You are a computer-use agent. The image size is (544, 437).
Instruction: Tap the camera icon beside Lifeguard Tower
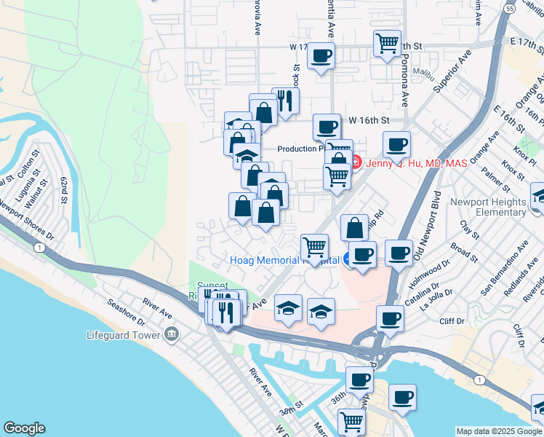coord(172,335)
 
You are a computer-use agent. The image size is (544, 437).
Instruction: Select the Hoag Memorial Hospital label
coord(284,260)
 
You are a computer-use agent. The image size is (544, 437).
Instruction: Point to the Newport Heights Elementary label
coord(488,207)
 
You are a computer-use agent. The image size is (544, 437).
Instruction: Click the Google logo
coord(24,428)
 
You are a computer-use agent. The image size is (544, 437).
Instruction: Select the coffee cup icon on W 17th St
coord(321,55)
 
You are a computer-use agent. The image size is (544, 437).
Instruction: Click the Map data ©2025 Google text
coord(498,430)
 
